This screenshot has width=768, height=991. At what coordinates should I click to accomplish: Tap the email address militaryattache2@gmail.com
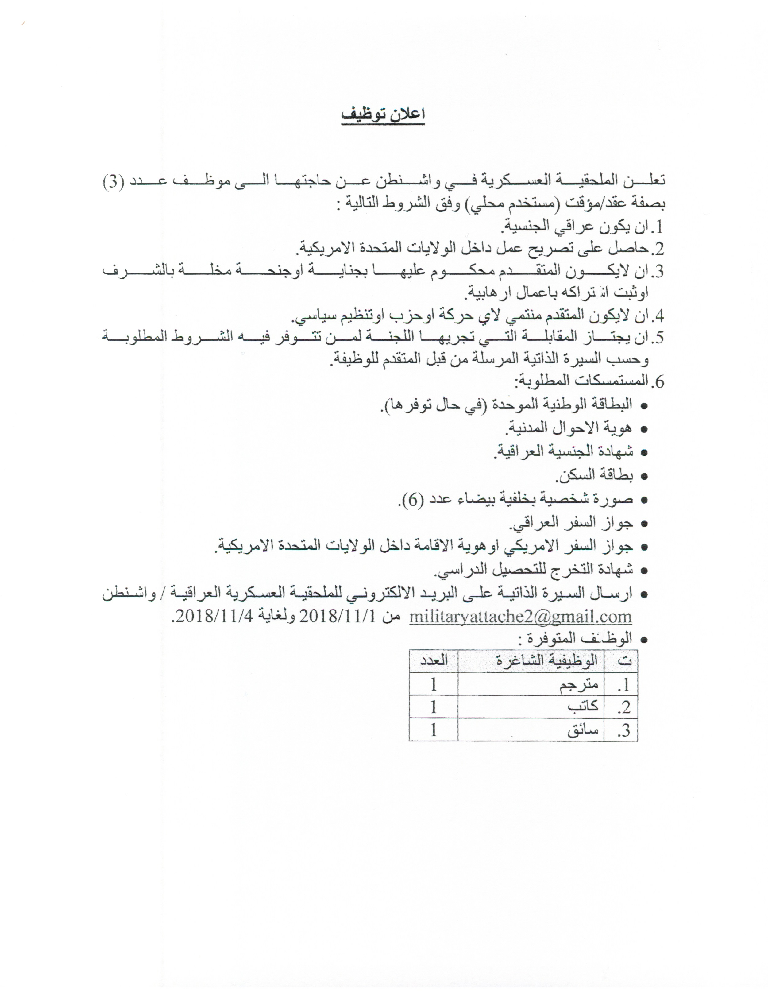(520, 616)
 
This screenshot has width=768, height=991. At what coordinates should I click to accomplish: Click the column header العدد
(433, 661)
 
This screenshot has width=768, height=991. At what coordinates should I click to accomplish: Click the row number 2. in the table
(624, 707)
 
